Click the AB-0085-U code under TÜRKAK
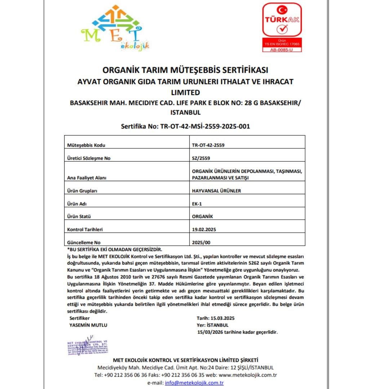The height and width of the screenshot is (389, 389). point(281,49)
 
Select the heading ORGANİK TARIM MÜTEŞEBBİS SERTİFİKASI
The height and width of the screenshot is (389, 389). point(185,70)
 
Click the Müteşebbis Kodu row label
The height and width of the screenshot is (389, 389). point(83,145)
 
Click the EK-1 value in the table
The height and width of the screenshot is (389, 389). point(197,204)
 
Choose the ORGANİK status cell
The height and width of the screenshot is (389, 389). point(203,216)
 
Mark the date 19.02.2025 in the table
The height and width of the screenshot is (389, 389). point(204,229)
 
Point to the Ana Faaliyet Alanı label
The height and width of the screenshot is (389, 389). point(87,178)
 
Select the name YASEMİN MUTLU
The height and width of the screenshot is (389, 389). point(88,325)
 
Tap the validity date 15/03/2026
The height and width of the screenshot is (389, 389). point(210,332)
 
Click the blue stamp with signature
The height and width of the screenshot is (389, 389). point(88,346)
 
